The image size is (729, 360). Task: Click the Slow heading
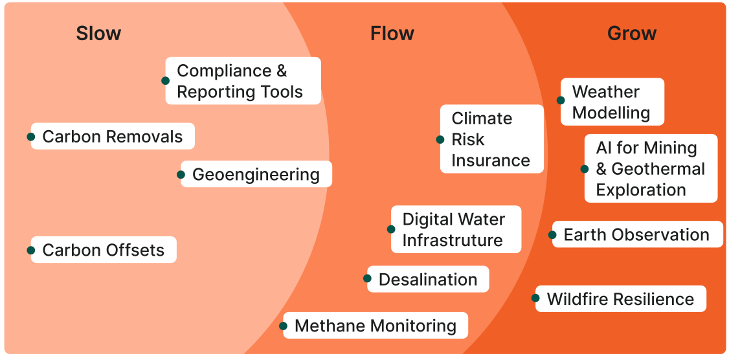[x=98, y=34]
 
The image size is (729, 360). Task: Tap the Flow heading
[x=392, y=34]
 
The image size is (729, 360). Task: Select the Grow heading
[x=631, y=34]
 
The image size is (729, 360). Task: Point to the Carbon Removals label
[x=113, y=137]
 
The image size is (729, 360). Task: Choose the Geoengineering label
[x=256, y=174]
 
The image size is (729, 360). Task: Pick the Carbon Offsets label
[x=104, y=250]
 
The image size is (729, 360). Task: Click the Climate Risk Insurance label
[x=491, y=139]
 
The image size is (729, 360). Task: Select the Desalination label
[x=428, y=279]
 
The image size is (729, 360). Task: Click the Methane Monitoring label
[x=376, y=325]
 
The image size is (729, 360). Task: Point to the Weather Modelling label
[x=611, y=102]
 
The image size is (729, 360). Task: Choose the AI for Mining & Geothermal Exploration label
[x=651, y=168]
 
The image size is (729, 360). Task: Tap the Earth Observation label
[x=636, y=234]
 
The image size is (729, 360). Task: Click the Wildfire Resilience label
[x=620, y=298]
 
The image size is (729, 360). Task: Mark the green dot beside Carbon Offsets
[x=30, y=250]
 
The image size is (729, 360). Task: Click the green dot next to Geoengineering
[x=181, y=174]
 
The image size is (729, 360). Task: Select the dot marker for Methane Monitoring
[x=284, y=326]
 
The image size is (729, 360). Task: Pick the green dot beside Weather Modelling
[x=561, y=100]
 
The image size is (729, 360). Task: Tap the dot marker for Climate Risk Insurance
[x=440, y=139]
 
